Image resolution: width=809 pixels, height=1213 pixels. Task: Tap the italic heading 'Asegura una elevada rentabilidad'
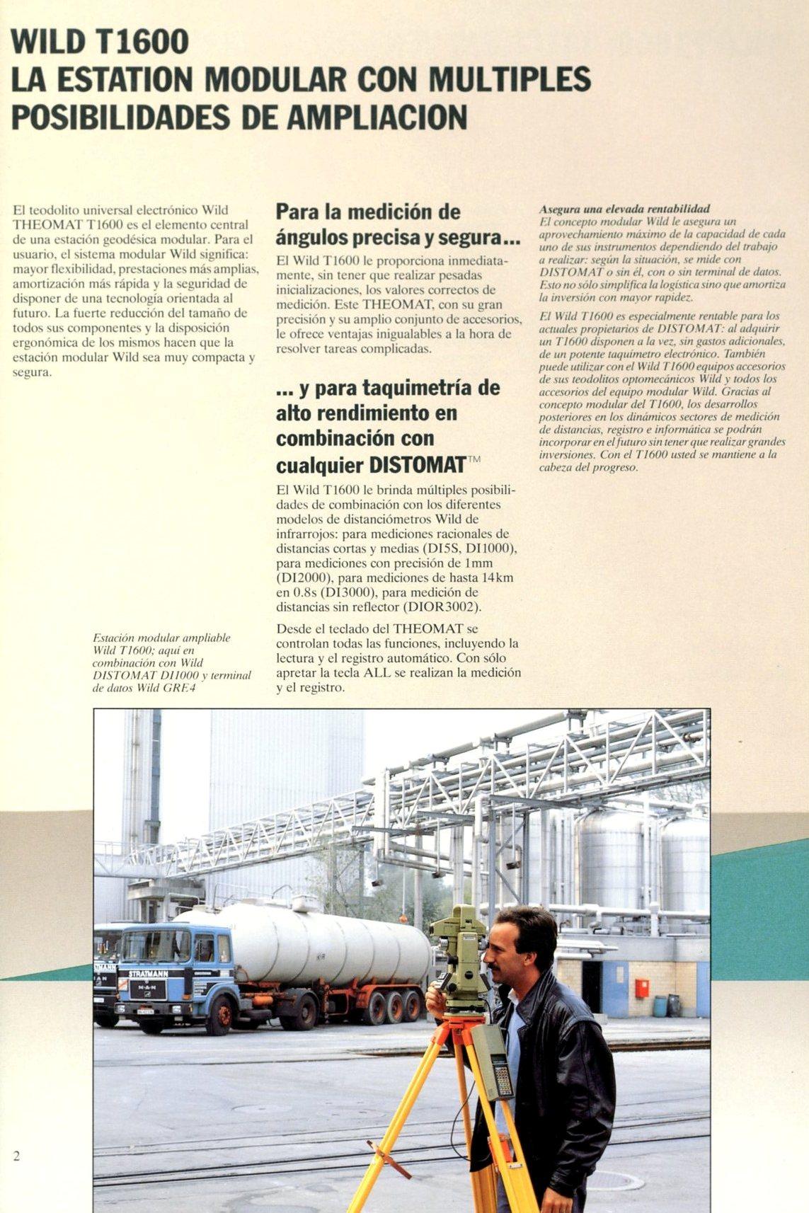click(624, 209)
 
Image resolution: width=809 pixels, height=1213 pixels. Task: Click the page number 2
click(16, 1156)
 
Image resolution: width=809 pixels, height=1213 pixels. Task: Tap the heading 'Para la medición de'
click(367, 212)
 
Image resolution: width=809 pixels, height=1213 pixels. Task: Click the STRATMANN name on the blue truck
click(148, 973)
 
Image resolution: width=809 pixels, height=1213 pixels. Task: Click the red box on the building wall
click(641, 988)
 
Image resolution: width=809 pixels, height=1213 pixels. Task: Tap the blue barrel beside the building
click(660, 1006)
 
